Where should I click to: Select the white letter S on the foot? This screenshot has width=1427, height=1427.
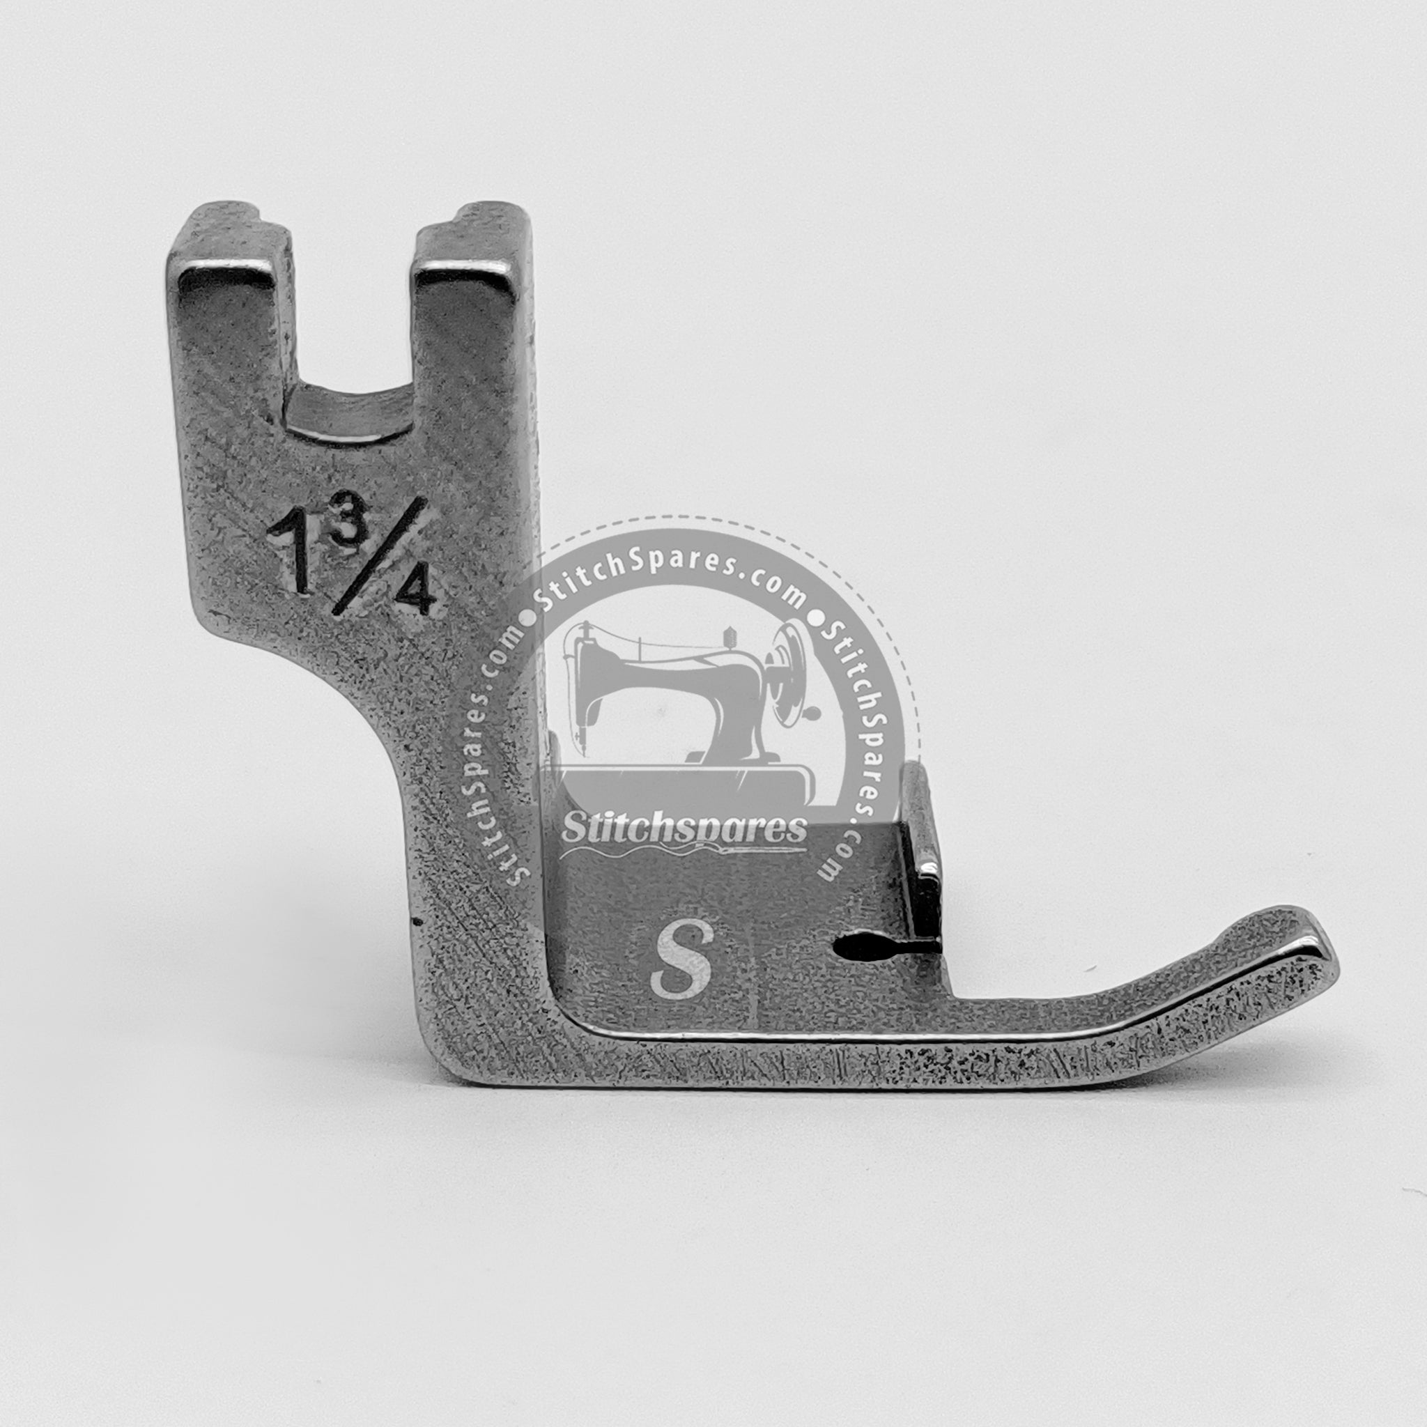tap(681, 960)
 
